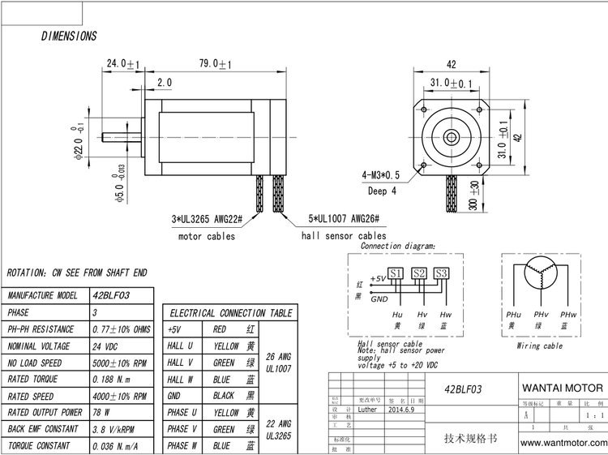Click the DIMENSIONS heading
[69, 36]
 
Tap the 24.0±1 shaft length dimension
[124, 64]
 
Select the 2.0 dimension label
[164, 83]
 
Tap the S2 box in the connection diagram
[417, 273]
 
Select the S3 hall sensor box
[440, 273]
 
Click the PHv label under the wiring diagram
[541, 314]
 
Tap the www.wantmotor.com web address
[563, 443]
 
